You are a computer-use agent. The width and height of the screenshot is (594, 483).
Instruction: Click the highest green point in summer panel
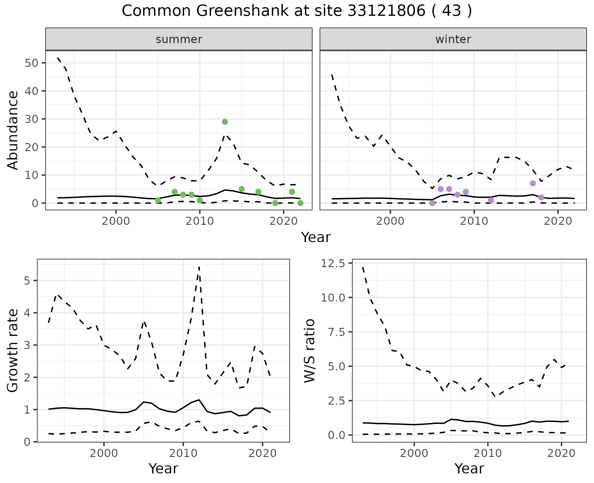225,122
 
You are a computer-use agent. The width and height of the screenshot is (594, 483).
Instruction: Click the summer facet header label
179,39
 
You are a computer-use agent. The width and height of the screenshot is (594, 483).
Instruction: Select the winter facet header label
453,39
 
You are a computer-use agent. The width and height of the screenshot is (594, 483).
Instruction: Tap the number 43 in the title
452,11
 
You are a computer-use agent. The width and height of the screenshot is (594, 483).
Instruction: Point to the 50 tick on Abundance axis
31,63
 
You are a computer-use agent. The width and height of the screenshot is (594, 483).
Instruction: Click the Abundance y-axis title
13,130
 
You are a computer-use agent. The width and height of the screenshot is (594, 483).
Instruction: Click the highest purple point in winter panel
533,183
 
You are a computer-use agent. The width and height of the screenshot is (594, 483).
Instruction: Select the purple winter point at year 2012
491,200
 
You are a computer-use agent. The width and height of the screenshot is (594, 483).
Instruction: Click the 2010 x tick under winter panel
474,221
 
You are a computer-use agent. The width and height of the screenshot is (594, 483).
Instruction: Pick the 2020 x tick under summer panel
283,221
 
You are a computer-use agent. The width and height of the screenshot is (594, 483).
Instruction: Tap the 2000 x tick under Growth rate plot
104,453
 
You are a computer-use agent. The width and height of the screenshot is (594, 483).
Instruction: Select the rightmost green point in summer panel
300,203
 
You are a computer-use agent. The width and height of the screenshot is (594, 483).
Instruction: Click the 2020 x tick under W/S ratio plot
561,453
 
